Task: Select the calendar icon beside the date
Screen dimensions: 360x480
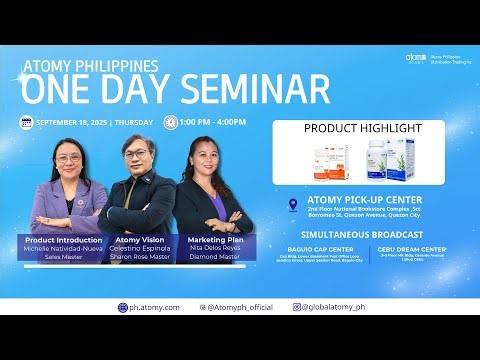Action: [x=26, y=122]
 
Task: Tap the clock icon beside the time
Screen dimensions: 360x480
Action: [x=170, y=122]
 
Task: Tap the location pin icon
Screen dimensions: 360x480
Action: [x=292, y=204]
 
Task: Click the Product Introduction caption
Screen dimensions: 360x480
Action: [x=63, y=240]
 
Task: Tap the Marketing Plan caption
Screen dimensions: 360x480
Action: [x=217, y=240]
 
